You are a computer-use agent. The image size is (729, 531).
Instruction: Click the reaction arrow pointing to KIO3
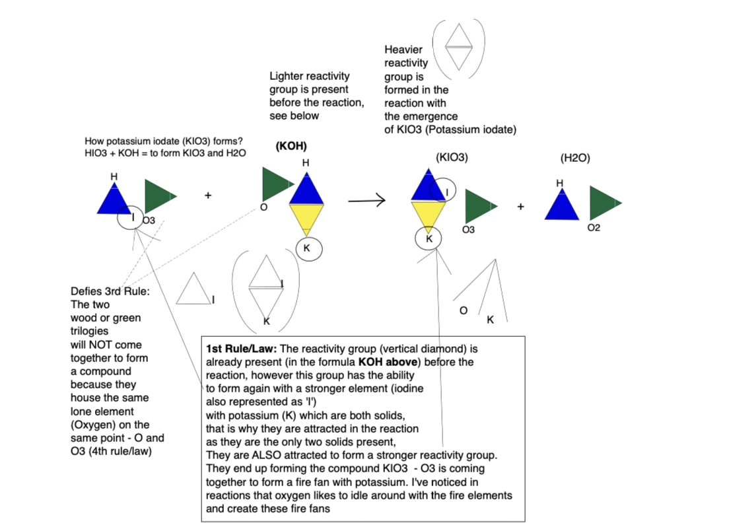coord(366,201)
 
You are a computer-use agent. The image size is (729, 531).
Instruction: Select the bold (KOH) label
coord(291,147)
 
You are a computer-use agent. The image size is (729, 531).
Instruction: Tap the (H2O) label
coord(574,158)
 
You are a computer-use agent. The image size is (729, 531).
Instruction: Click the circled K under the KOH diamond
coord(306,248)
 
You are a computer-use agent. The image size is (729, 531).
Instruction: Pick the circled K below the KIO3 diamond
coord(429,238)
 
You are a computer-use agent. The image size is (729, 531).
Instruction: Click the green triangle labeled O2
coord(603,203)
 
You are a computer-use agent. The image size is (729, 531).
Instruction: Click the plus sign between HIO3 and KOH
coord(208,195)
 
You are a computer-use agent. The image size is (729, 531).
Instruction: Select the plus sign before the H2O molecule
coord(520,207)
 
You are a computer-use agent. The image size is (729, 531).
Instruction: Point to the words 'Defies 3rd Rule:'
coord(110,291)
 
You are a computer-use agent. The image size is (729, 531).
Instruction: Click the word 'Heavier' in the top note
coord(403,50)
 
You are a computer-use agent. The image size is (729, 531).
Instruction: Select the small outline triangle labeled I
coord(192,291)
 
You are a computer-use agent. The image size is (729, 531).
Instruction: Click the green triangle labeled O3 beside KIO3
coord(480,206)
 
